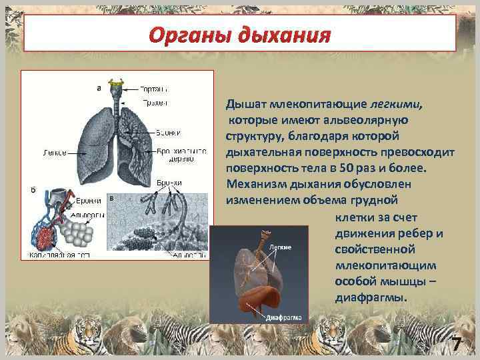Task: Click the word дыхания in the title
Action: pyautogui.click(x=289, y=33)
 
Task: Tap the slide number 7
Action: pyautogui.click(x=457, y=345)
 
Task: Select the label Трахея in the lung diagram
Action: pyautogui.click(x=155, y=103)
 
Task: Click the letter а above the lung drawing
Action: pyautogui.click(x=99, y=86)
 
